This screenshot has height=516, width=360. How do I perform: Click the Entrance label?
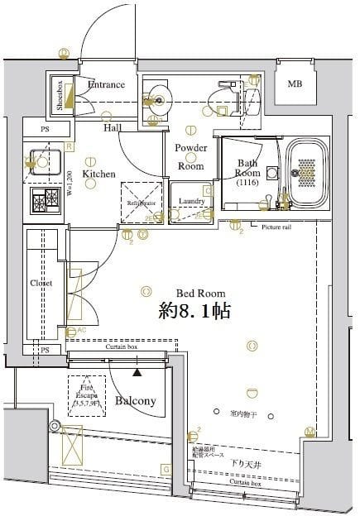[x=106, y=84]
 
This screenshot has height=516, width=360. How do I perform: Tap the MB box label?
[x=295, y=84]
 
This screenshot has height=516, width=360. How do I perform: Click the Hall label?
[x=113, y=128]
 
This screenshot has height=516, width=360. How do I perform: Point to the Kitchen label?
[x=98, y=174]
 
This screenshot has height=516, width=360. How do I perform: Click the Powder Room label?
[x=190, y=156]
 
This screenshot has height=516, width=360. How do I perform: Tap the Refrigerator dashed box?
[x=142, y=202]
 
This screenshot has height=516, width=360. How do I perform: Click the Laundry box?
[x=192, y=201]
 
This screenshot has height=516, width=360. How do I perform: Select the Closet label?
[x=41, y=283]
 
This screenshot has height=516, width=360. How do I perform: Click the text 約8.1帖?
[x=194, y=312]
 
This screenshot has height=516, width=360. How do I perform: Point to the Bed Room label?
[x=199, y=294]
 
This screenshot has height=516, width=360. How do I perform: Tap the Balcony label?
[x=135, y=401]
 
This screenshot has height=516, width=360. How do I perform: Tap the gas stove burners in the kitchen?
[x=45, y=199]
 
